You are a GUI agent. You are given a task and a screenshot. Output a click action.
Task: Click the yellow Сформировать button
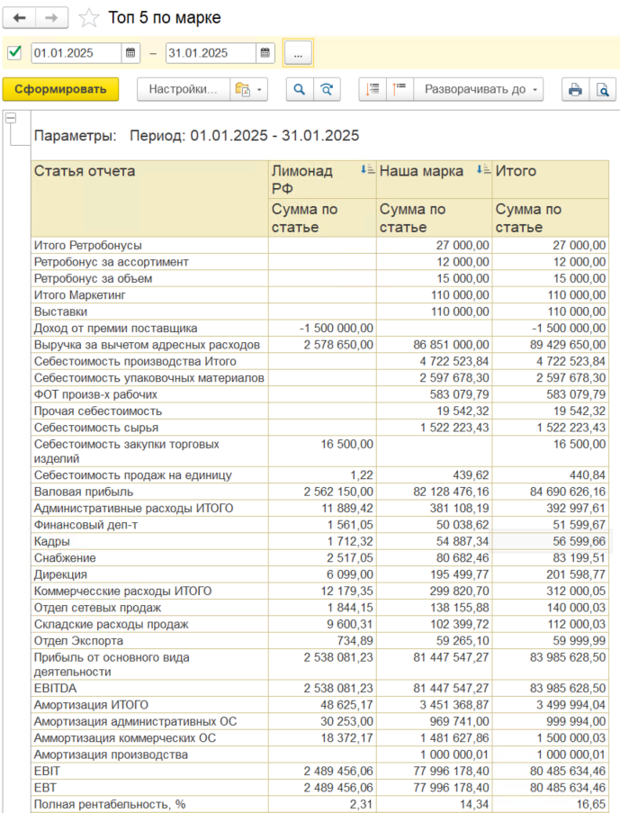[60, 89]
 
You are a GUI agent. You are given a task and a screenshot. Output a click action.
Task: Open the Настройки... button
[183, 89]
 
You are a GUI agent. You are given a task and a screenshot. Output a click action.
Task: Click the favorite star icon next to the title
[88, 18]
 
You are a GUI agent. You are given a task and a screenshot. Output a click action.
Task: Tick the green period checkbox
[14, 52]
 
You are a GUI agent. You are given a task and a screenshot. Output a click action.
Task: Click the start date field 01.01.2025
[76, 53]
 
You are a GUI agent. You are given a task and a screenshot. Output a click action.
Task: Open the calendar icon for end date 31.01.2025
[265, 53]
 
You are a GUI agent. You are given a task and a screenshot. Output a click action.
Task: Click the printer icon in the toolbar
[574, 89]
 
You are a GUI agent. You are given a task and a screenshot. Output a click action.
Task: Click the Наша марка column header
[422, 170]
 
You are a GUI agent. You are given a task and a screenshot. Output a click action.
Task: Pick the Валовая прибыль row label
[84, 492]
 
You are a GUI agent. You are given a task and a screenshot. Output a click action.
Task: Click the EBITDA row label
[55, 688]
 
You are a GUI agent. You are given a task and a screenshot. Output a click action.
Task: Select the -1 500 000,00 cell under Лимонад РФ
[337, 328]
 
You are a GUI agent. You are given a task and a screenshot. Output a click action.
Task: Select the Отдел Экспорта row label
[78, 640]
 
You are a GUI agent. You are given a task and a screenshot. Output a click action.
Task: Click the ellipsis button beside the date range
[298, 53]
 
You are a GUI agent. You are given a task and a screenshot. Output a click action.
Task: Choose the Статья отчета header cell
[85, 170]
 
